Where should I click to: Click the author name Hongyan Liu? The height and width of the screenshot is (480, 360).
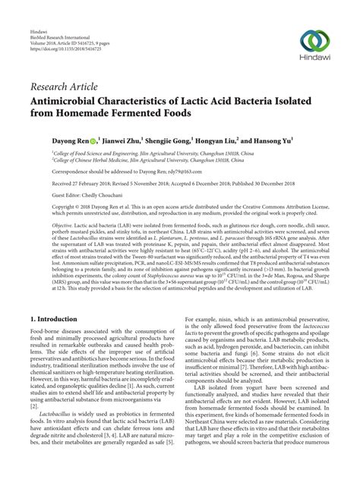(218, 141)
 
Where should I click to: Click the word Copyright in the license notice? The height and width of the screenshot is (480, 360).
(43, 207)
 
